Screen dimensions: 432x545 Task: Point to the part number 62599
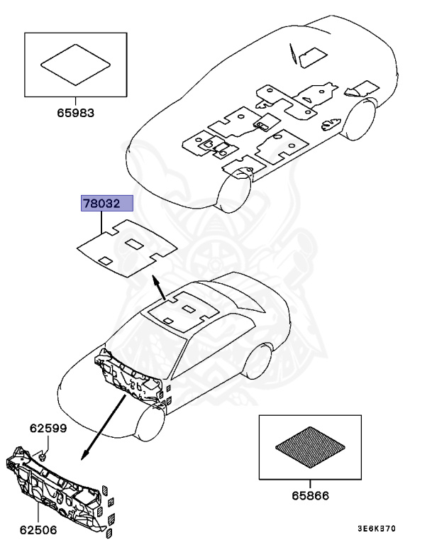coord(48,428)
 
